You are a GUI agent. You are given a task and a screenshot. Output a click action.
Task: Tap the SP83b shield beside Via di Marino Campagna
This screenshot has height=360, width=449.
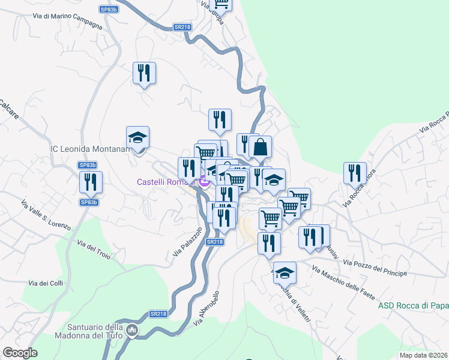point(109,10)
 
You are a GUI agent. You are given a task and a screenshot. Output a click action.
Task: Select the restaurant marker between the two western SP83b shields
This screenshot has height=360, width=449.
point(91,182)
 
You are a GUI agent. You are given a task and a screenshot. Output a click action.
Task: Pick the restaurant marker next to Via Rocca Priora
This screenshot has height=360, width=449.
point(355,173)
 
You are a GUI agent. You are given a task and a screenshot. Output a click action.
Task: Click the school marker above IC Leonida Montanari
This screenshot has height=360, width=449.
point(137,138)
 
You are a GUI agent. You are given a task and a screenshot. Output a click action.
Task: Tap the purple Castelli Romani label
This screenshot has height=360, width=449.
point(167,182)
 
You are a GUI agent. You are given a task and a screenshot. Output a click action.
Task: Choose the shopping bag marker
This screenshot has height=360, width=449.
point(261,147)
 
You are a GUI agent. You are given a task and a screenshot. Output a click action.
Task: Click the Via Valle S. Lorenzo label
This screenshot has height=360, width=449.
point(46,215)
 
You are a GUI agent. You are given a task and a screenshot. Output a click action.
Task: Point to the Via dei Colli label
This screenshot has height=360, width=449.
point(46,283)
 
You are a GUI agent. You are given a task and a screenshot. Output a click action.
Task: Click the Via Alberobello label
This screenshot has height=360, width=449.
point(209,310)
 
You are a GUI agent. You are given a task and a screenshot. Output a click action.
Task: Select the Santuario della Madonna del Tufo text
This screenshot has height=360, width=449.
point(90,331)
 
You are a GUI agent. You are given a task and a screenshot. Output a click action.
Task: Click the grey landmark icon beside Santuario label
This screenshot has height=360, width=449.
point(133,329)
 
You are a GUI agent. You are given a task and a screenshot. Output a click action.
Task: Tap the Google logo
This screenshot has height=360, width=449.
point(20,353)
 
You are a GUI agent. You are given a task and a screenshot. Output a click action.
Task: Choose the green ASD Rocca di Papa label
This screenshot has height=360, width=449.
point(413,306)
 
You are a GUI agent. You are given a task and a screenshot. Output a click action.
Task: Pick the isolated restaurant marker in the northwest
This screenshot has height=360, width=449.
point(144,73)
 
